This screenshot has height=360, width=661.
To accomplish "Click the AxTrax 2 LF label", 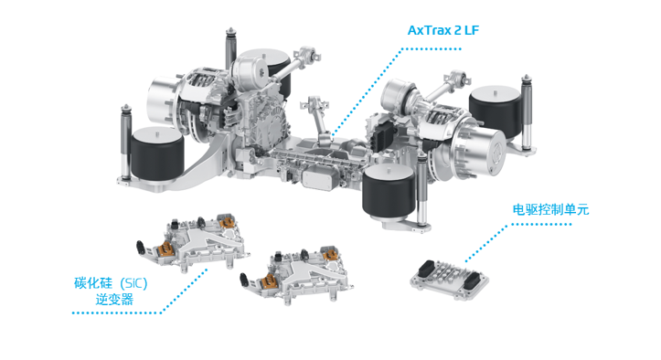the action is pos(443,30).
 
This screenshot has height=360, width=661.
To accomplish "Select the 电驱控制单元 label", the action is pos(550,209).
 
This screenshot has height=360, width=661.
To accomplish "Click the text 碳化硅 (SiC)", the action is pos(111,283).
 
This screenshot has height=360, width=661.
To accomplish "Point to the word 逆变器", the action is pos(114,300).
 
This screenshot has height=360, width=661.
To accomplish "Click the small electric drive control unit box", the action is pos(450,279).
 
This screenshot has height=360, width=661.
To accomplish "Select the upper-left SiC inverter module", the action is pos(192,241).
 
